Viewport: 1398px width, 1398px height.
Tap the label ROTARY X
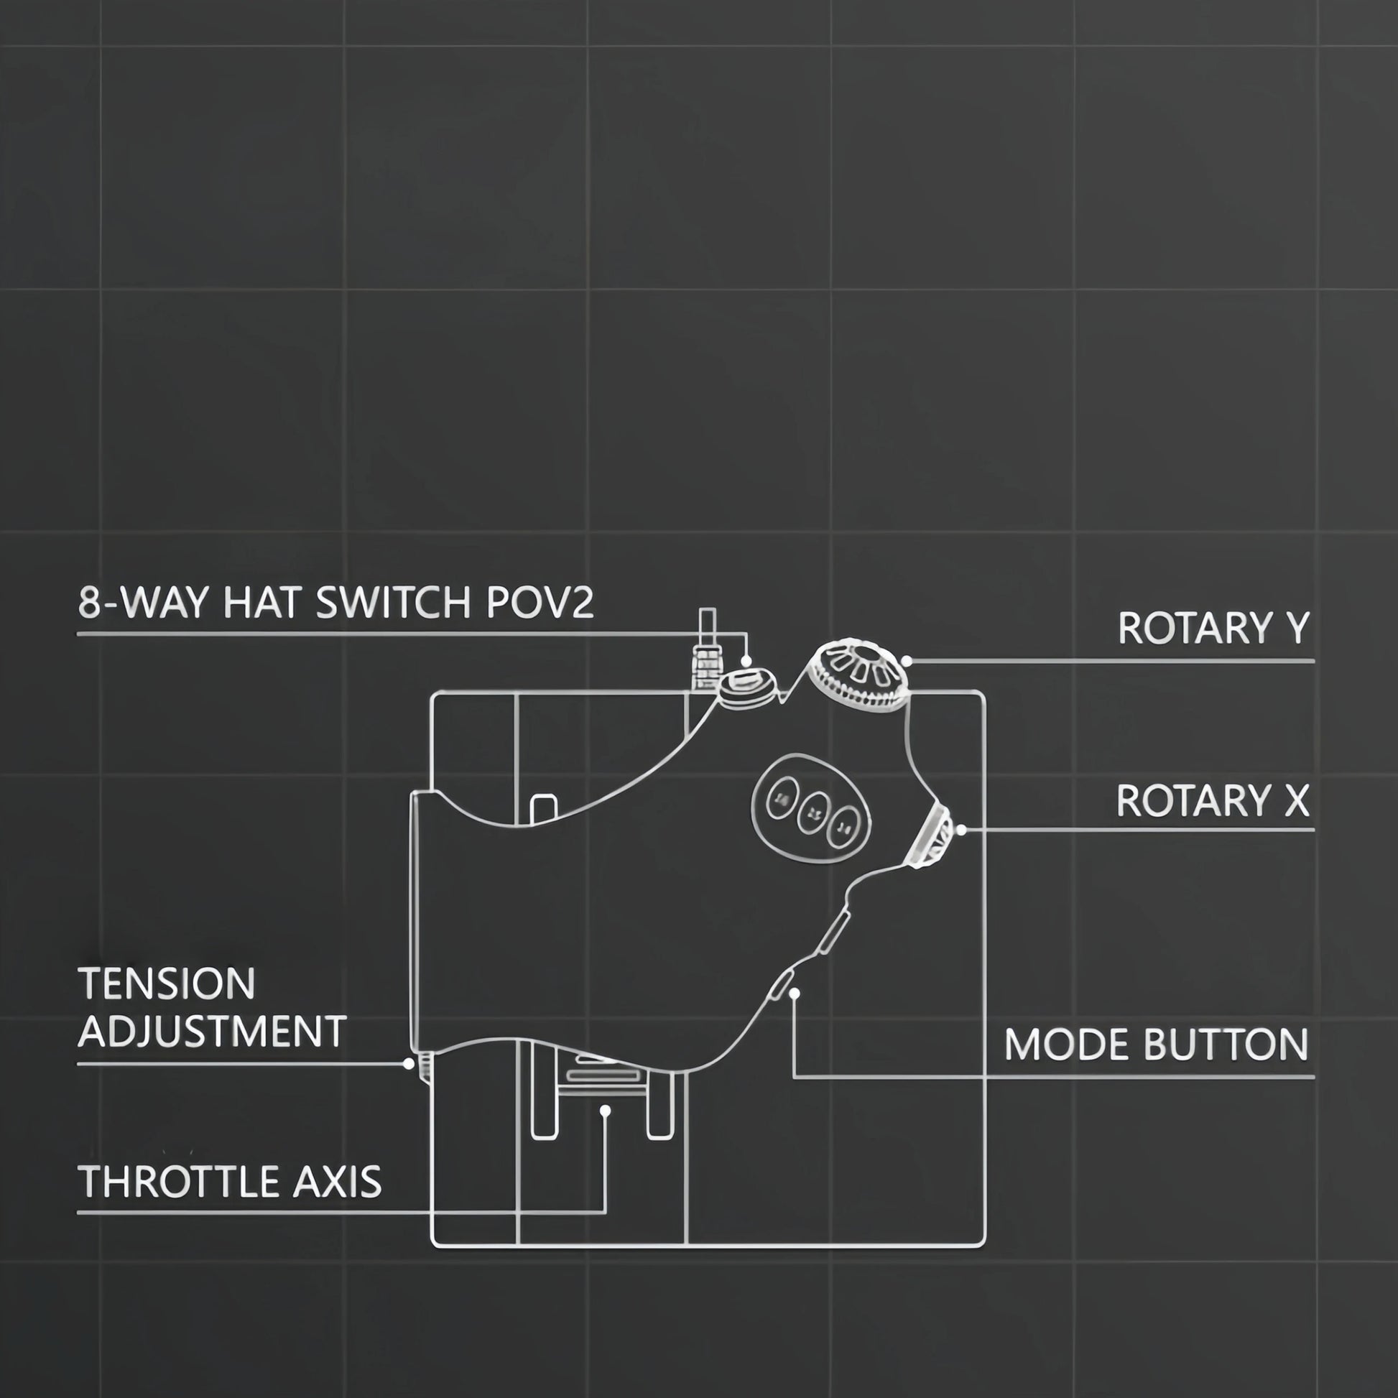[1212, 800]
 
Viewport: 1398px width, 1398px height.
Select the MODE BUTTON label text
[1157, 1044]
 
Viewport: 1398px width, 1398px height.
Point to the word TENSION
[167, 983]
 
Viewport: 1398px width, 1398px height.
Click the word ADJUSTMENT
[211, 1031]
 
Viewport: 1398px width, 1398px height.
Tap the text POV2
[540, 603]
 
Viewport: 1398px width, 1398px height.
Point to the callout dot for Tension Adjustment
[409, 1064]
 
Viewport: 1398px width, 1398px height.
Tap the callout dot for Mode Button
[794, 994]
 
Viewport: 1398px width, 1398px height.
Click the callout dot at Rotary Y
[907, 661]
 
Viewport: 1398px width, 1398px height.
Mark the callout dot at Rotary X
[961, 830]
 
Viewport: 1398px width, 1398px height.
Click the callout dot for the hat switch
[746, 662]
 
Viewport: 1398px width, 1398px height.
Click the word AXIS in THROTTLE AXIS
[337, 1182]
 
